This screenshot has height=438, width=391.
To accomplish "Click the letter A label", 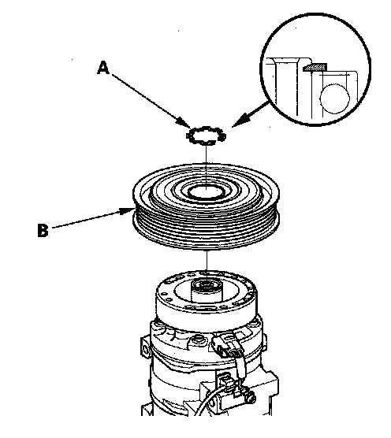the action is coord(103,68).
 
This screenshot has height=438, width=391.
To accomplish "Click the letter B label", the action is coord(43,231).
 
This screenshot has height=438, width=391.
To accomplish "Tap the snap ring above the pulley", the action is coord(206,135).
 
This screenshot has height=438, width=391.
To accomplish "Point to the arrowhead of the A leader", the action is coord(182,123).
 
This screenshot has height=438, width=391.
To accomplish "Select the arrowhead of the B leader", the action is coord(126,210).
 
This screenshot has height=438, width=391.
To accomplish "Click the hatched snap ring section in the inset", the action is coord(315,67).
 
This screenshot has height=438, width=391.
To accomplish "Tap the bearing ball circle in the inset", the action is coord(334,98).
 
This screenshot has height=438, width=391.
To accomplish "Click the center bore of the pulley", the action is coord(207,192).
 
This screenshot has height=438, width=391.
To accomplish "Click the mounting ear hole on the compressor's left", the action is coord(145,349).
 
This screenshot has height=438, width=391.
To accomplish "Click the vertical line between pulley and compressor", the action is coord(207,261).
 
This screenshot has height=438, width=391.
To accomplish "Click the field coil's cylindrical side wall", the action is coord(207,316).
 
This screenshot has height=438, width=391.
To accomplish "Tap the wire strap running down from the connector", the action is coord(240,366).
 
